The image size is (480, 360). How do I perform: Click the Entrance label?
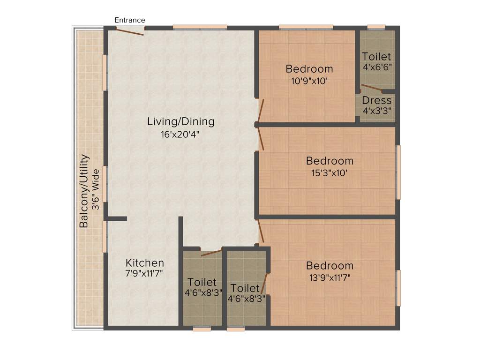pos(130,20)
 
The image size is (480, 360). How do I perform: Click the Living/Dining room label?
pos(180,122)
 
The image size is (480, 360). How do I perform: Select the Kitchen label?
pos(144,263)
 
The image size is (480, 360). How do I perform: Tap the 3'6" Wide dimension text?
pos(96,189)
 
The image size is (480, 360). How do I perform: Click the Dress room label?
pos(376,101)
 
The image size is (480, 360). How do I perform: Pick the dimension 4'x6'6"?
pos(377,67)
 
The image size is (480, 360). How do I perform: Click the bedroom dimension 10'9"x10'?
pos(309,80)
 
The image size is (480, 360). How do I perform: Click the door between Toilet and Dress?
pos(371,87)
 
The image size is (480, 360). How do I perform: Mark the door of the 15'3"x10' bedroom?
pos(261,139)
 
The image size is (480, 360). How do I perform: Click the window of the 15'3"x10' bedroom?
pos(398,172)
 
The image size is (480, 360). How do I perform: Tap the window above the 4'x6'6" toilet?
pos(376,27)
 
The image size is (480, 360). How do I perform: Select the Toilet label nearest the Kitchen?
pos(202,282)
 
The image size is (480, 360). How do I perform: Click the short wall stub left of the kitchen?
pos(116,218)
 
